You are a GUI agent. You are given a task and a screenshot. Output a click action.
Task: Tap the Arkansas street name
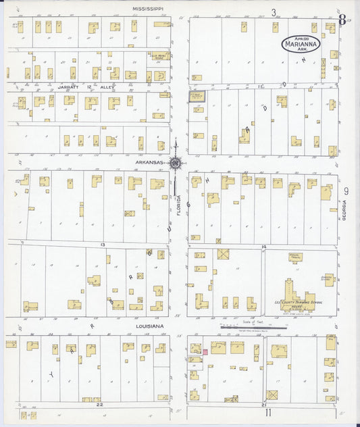(149, 163)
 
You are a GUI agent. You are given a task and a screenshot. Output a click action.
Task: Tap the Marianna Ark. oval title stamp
(301, 45)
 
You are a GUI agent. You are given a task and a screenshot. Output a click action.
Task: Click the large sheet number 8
(342, 20)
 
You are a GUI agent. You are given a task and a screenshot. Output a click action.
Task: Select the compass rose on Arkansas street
(176, 163)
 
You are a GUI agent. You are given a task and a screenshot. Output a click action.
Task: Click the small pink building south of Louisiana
(204, 351)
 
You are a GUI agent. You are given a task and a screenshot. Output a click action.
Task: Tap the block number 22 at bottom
(99, 404)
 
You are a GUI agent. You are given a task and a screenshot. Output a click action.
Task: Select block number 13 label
(103, 244)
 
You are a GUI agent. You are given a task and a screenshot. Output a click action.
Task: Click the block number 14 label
(263, 247)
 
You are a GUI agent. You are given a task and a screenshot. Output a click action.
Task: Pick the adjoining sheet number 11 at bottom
(268, 412)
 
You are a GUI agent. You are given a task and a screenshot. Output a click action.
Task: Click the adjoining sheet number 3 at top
(274, 12)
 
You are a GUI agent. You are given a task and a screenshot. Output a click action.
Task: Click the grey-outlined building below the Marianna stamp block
(197, 97)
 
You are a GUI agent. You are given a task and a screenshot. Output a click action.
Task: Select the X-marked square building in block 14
(223, 254)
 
